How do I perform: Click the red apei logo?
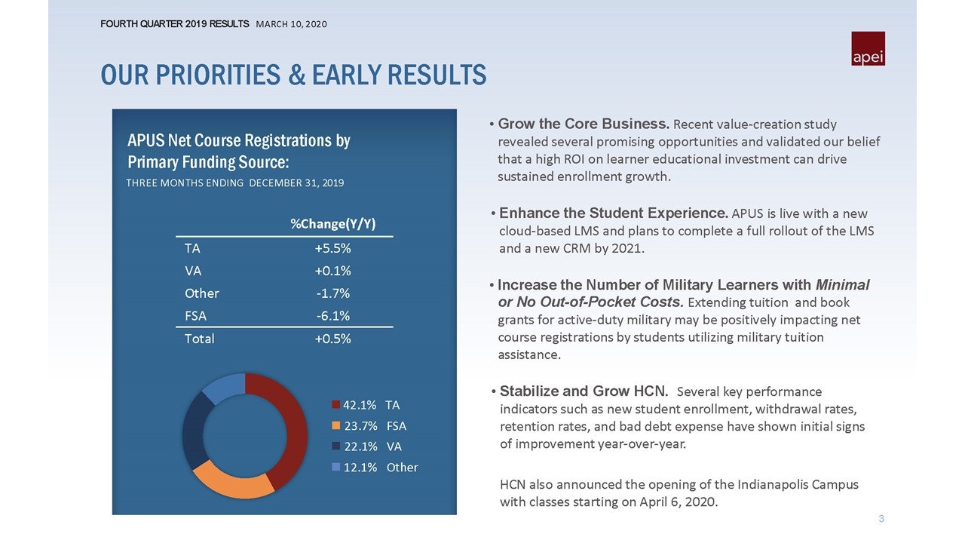pyautogui.click(x=868, y=48)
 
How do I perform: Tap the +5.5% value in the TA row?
pyautogui.click(x=332, y=248)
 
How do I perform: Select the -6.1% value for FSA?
pyautogui.click(x=333, y=316)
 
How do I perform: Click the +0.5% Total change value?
pyautogui.click(x=332, y=339)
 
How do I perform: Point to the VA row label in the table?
pyautogui.click(x=193, y=271)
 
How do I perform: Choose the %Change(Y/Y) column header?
pyautogui.click(x=333, y=224)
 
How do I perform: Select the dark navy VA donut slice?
pyautogui.click(x=194, y=429)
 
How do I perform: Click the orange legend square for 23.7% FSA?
pyautogui.click(x=336, y=426)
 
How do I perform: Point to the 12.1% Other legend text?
pyautogui.click(x=381, y=468)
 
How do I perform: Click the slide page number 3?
pyautogui.click(x=881, y=518)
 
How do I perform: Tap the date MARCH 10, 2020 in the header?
pyautogui.click(x=291, y=24)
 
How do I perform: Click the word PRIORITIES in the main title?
pyautogui.click(x=218, y=75)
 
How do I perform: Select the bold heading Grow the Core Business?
pyautogui.click(x=584, y=124)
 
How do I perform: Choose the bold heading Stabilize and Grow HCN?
pyautogui.click(x=584, y=391)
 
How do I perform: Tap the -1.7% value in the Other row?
pyautogui.click(x=333, y=293)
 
